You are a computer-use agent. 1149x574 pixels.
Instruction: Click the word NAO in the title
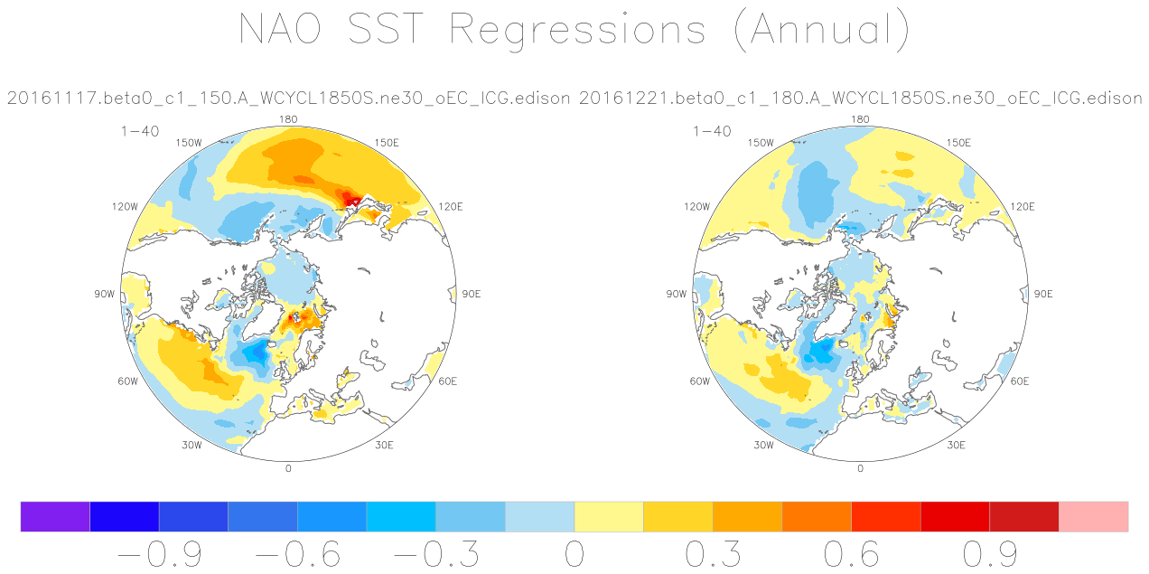pyautogui.click(x=280, y=28)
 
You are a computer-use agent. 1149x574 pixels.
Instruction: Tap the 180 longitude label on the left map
pyautogui.click(x=288, y=119)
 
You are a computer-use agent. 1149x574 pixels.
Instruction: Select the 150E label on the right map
pyautogui.click(x=958, y=143)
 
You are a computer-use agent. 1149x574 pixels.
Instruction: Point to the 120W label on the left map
pyautogui.click(x=126, y=206)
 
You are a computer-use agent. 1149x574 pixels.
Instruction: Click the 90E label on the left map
pyautogui.click(x=472, y=294)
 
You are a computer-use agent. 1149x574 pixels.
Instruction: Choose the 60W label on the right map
pyautogui.click(x=700, y=381)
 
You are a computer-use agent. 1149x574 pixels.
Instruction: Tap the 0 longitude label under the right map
pyautogui.click(x=860, y=468)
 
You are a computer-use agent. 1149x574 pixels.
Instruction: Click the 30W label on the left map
pyautogui.click(x=191, y=445)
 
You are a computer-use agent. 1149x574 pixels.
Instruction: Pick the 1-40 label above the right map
pyautogui.click(x=712, y=131)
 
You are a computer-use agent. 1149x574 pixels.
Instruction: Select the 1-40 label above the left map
pyautogui.click(x=140, y=131)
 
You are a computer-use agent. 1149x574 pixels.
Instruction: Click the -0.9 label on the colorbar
pyautogui.click(x=160, y=554)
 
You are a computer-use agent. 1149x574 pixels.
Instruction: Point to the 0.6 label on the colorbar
pyautogui.click(x=852, y=554)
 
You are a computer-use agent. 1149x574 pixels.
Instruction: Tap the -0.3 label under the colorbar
pyautogui.click(x=436, y=554)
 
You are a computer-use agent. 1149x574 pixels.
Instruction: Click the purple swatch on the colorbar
pyautogui.click(x=55, y=516)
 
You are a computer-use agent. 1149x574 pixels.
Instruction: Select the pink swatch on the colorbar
pyautogui.click(x=1094, y=516)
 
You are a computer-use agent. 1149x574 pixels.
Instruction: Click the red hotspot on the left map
pyautogui.click(x=350, y=199)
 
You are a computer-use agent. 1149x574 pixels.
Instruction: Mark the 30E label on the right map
pyautogui.click(x=956, y=445)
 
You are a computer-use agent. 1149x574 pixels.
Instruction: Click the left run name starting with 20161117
pyautogui.click(x=288, y=98)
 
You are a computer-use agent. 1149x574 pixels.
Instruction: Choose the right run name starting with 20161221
pyautogui.click(x=861, y=98)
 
